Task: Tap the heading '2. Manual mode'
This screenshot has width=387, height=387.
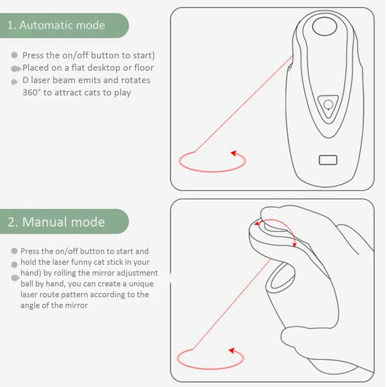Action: tap(56, 222)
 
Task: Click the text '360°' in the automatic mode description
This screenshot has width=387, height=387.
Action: tap(31, 92)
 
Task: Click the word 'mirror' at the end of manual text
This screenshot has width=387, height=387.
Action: tap(75, 305)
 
